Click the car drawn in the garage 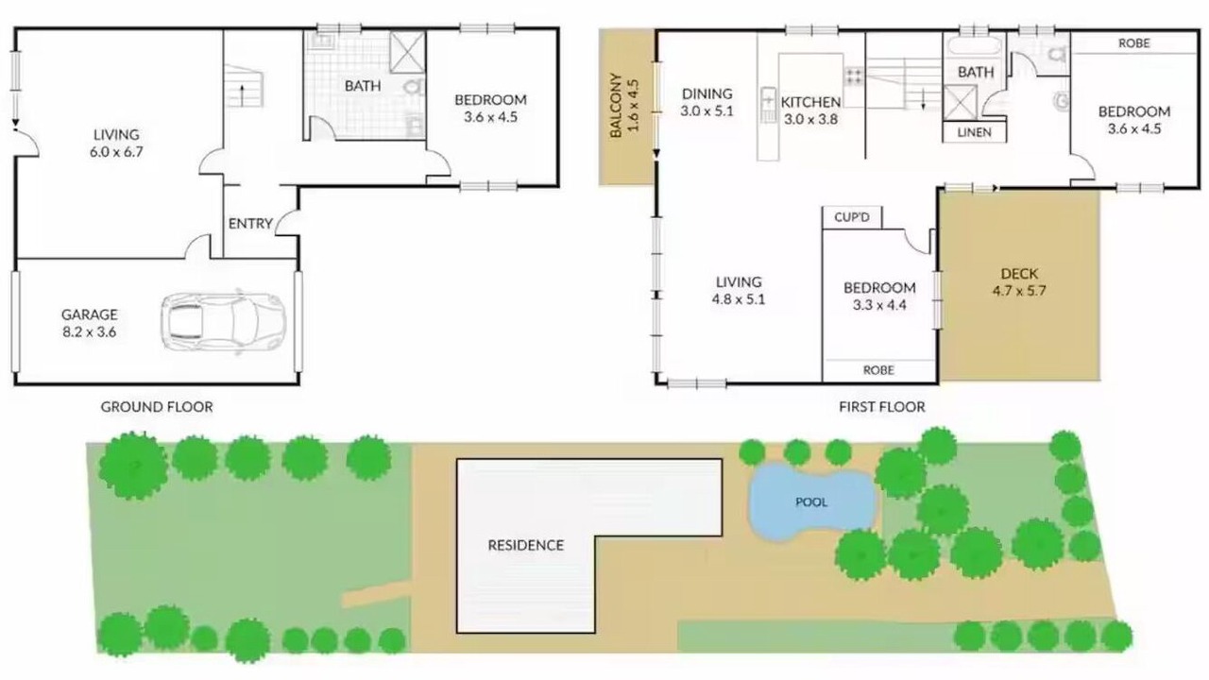224,323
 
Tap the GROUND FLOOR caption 157,407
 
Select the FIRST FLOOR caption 882,407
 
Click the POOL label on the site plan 811,502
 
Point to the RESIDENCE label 526,545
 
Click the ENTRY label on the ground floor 250,224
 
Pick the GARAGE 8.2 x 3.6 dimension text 90,323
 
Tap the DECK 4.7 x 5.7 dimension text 1019,282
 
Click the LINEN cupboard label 974,132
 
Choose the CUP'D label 852,217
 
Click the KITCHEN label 810,102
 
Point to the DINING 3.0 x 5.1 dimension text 707,103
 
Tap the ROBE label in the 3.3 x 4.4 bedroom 878,370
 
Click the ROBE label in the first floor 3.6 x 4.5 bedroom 1134,43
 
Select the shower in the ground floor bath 407,52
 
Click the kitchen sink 768,104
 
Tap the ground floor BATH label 363,86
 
